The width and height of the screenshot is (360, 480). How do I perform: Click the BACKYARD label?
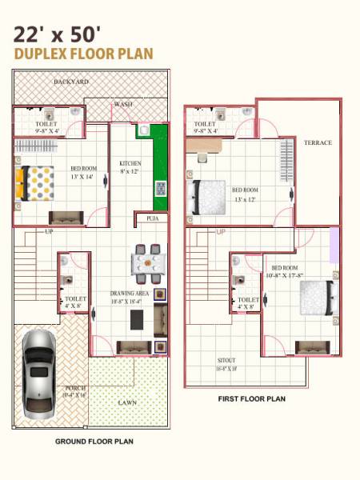click(x=71, y=82)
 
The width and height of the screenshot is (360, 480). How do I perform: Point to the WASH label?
click(x=123, y=104)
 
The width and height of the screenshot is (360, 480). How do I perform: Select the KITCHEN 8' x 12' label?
click(x=130, y=166)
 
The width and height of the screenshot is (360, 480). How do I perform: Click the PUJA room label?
click(x=151, y=218)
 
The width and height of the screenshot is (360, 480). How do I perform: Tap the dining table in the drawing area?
click(x=149, y=263)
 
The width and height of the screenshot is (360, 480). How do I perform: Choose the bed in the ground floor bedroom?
click(x=36, y=182)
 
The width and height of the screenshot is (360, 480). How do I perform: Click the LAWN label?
click(x=127, y=402)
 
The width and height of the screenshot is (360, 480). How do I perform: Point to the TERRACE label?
click(x=317, y=142)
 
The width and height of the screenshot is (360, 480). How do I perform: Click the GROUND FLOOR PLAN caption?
click(x=94, y=441)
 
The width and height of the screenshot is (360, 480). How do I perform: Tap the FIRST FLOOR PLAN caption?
click(x=251, y=398)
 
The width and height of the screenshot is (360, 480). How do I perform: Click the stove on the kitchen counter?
click(x=160, y=189)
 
